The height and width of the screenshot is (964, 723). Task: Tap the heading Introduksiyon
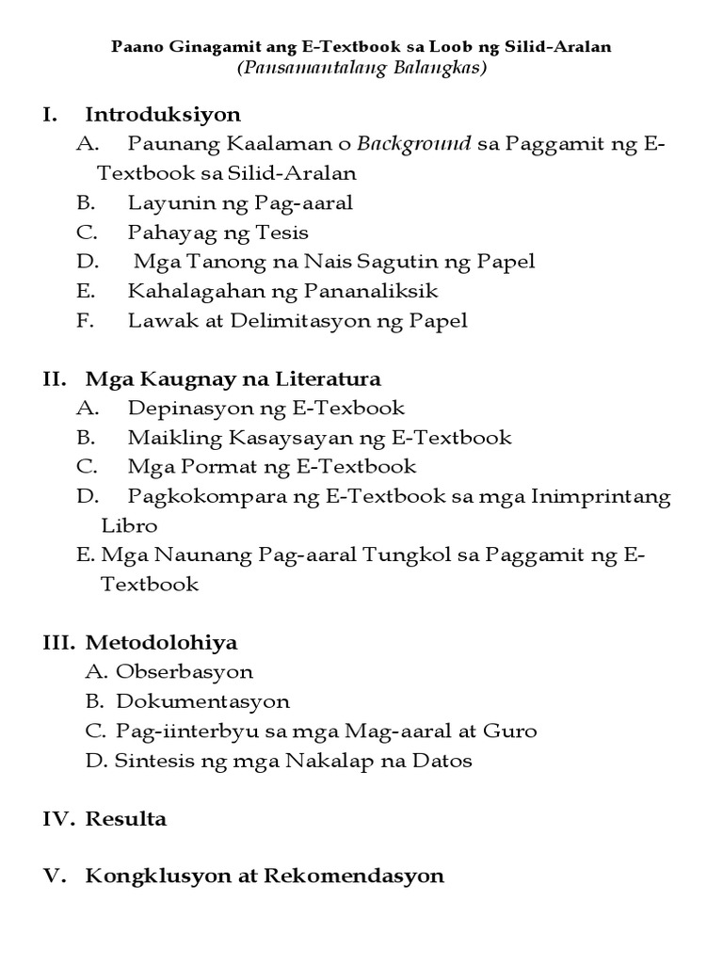click(163, 115)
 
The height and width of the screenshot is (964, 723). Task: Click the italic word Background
click(414, 144)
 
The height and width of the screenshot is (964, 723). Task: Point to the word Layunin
click(163, 202)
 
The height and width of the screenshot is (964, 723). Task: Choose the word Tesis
click(285, 232)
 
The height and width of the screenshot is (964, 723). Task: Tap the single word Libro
click(129, 525)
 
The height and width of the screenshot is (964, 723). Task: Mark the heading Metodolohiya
click(162, 643)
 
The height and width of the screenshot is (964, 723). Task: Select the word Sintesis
click(151, 761)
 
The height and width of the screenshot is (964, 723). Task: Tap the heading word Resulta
click(126, 819)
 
